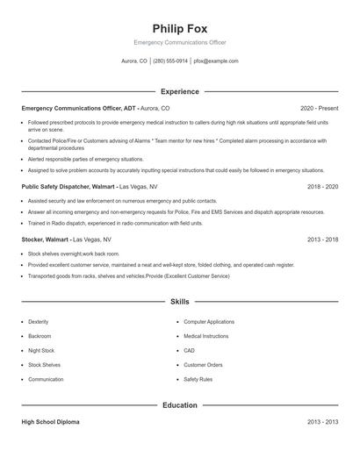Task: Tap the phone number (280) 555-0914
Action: point(170,61)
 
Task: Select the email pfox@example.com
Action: point(216,61)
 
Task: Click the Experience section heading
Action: point(179,91)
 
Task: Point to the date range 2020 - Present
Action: point(320,108)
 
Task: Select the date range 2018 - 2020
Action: point(323,187)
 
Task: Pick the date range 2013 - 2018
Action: point(323,239)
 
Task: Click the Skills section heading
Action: point(179,302)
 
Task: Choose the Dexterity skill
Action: point(39,322)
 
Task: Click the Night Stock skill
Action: point(40,350)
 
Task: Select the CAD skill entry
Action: point(189,350)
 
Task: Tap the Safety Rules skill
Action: point(198,379)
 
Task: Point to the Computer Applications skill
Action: point(209,322)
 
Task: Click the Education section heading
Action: point(179,405)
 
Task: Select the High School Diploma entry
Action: point(50,422)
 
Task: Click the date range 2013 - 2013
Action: point(323,422)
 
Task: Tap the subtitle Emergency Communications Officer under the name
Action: point(179,42)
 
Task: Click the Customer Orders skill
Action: point(203,364)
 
